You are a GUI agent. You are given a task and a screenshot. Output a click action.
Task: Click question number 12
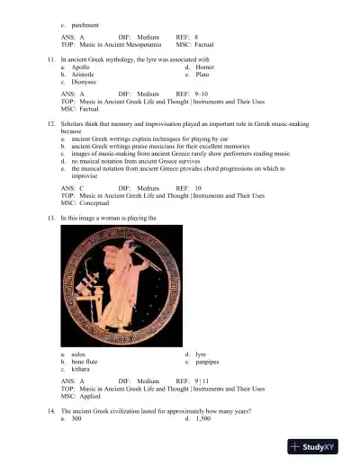pyautogui.click(x=52, y=122)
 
